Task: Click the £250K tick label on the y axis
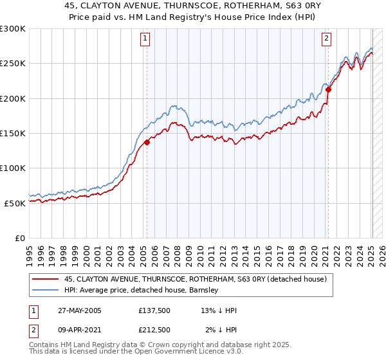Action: [x=12, y=64]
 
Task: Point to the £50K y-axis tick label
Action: [x=15, y=203]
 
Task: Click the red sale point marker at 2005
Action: [x=147, y=142]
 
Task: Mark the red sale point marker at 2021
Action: [x=328, y=90]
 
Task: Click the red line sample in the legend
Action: [x=46, y=279]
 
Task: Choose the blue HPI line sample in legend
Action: [x=46, y=290]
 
